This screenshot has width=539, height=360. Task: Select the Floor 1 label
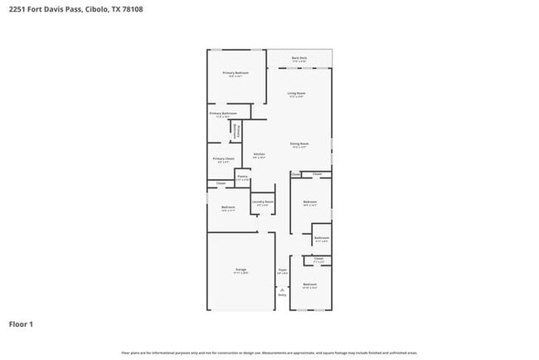[22, 324]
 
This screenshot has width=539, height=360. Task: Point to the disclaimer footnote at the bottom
[269, 352]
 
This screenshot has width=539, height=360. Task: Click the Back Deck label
[299, 58]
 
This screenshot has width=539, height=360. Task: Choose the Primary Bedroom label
[236, 73]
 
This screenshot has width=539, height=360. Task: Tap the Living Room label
[297, 94]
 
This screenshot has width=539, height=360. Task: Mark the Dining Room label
[299, 144]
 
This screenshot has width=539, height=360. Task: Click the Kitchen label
[259, 154]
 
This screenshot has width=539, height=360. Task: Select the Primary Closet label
[223, 158]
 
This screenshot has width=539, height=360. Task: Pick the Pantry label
[242, 176]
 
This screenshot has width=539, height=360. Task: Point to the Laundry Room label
[263, 202]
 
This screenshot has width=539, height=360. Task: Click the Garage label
[240, 270]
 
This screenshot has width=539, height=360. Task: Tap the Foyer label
[282, 269]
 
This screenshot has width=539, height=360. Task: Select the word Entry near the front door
[282, 294]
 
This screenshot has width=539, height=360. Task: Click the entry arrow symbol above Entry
[282, 288]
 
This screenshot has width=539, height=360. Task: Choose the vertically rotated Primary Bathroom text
[235, 131]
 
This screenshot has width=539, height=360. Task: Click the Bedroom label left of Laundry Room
[228, 207]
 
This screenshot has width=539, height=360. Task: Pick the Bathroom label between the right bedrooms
[322, 238]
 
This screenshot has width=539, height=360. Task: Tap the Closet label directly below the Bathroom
[319, 259]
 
